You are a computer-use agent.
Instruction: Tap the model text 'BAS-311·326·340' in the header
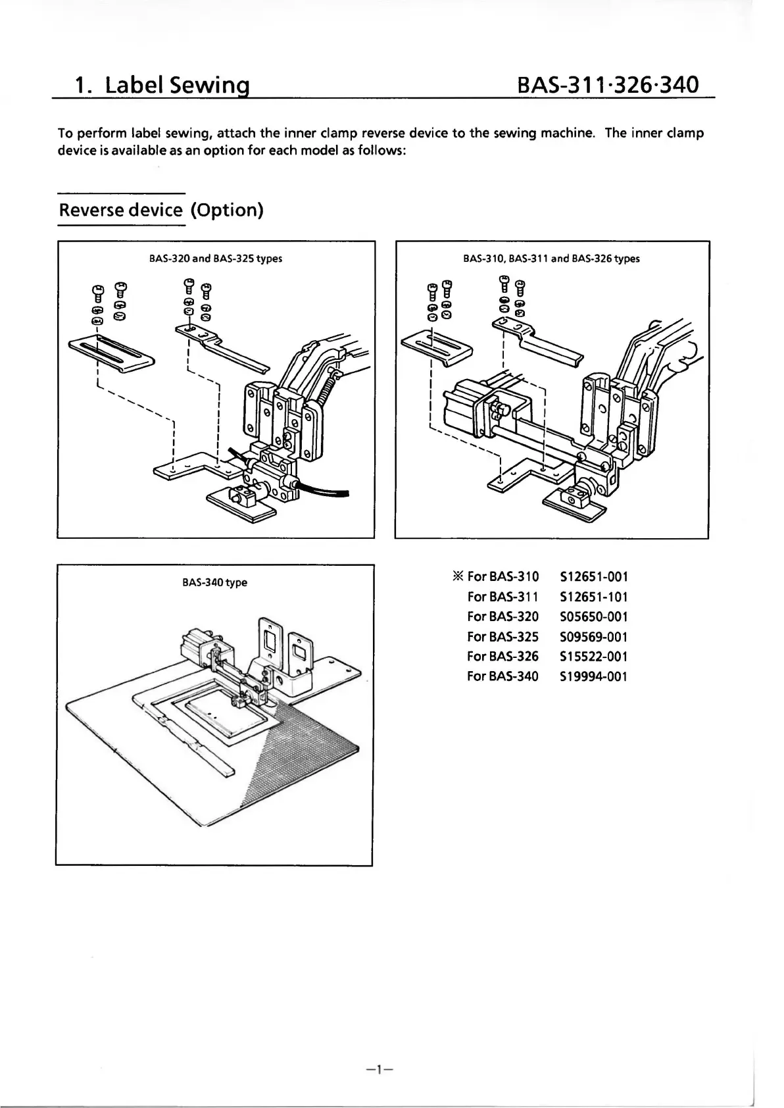[x=607, y=86]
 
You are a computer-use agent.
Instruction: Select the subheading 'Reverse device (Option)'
[x=161, y=211]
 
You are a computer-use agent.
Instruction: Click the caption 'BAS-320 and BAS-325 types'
[x=216, y=259]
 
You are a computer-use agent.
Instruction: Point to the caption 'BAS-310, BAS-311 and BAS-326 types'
[x=551, y=259]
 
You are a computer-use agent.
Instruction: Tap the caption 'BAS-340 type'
[x=214, y=582]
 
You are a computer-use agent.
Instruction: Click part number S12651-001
[x=593, y=577]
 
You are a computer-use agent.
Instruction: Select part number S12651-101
[x=593, y=597]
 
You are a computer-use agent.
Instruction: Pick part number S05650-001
[x=593, y=617]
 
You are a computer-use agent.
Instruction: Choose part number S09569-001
[x=593, y=636]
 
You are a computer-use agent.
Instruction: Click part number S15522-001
[x=593, y=656]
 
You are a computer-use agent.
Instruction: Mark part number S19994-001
[x=593, y=676]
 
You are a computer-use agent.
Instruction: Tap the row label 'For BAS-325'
[x=502, y=636]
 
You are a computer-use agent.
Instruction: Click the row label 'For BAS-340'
[x=502, y=676]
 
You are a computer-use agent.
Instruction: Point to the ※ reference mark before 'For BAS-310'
[x=458, y=577]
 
